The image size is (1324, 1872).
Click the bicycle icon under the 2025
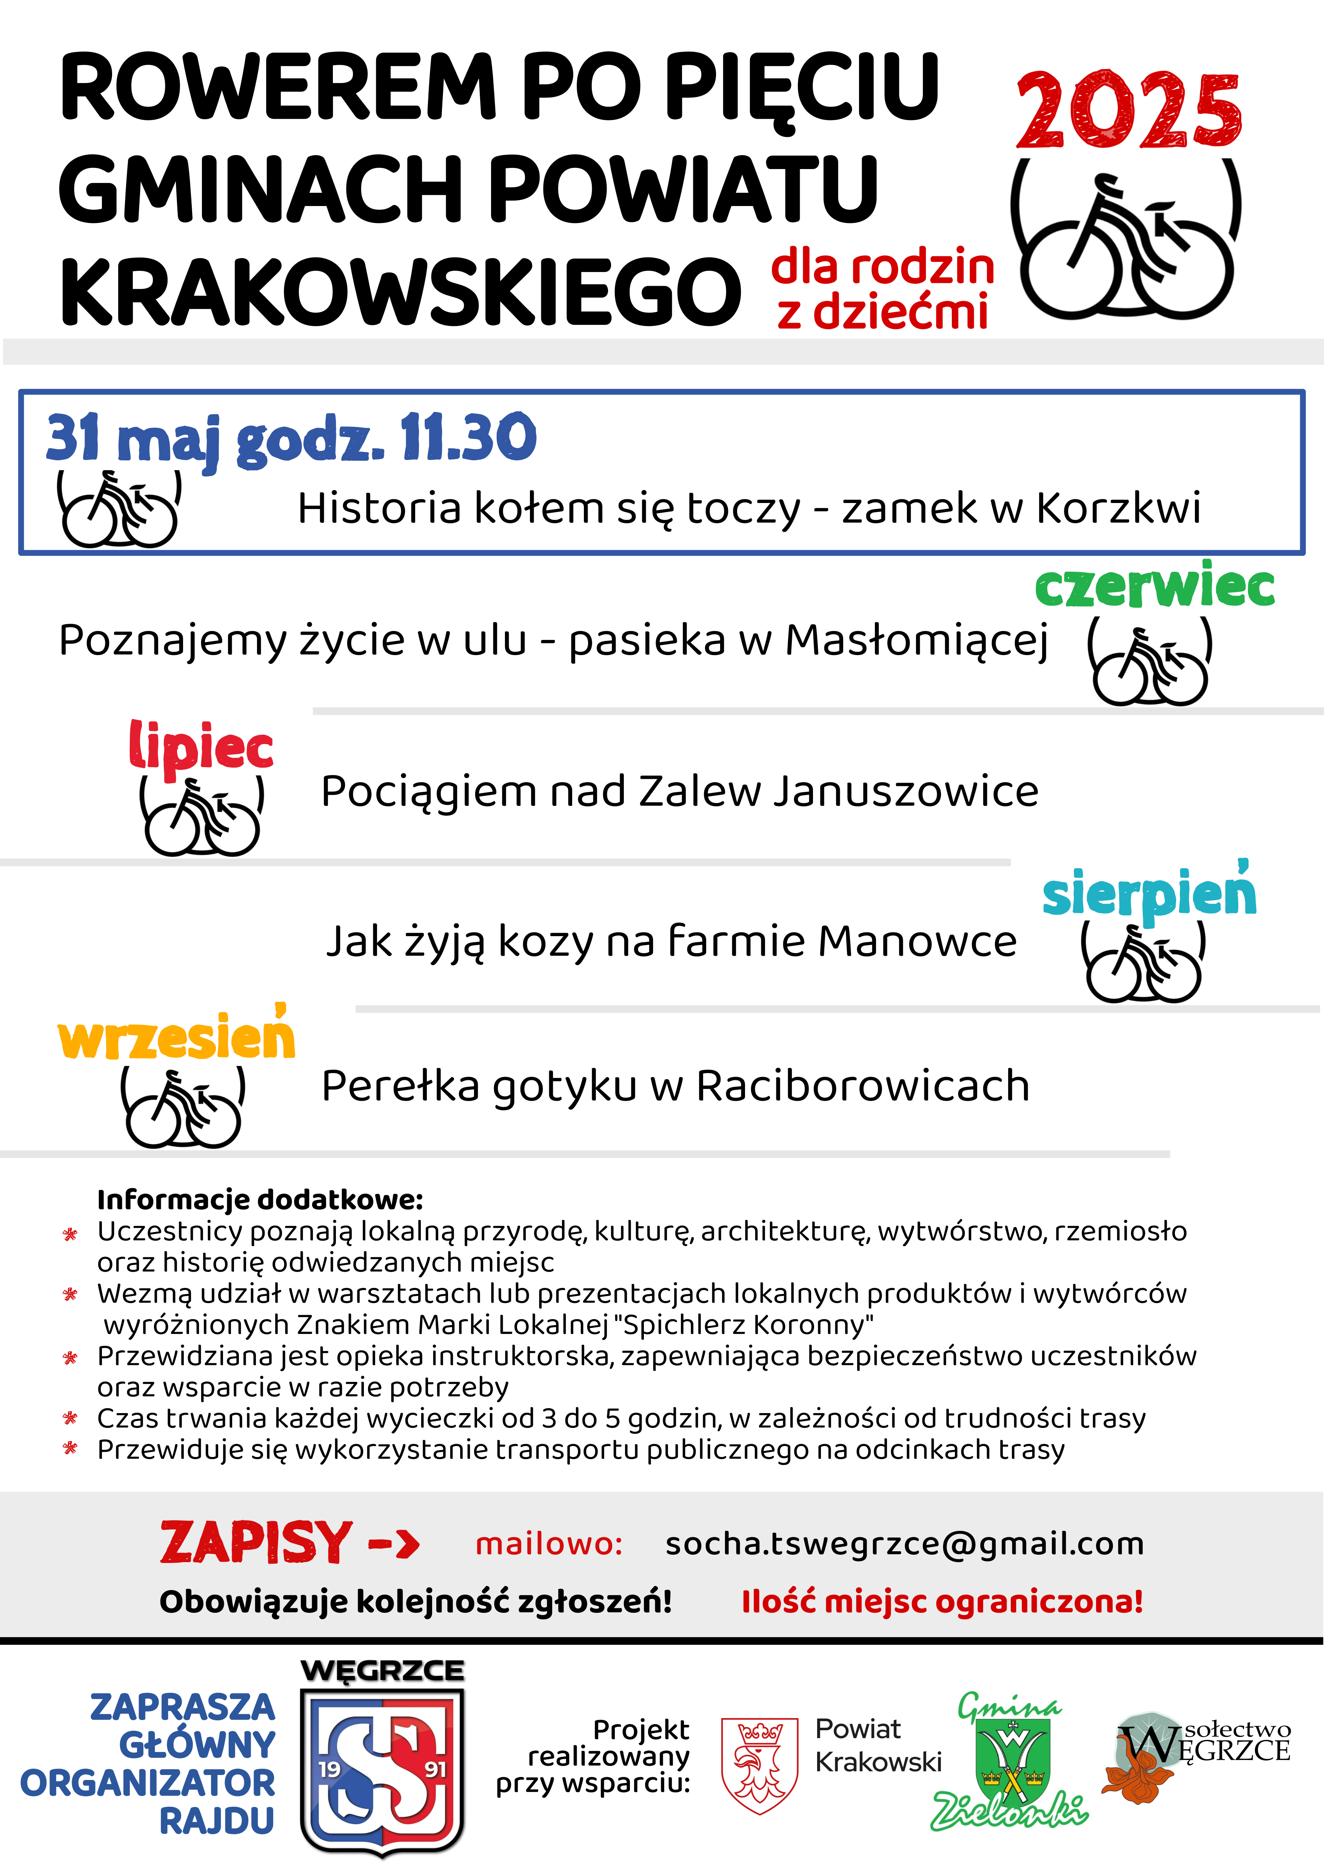click(1127, 245)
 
